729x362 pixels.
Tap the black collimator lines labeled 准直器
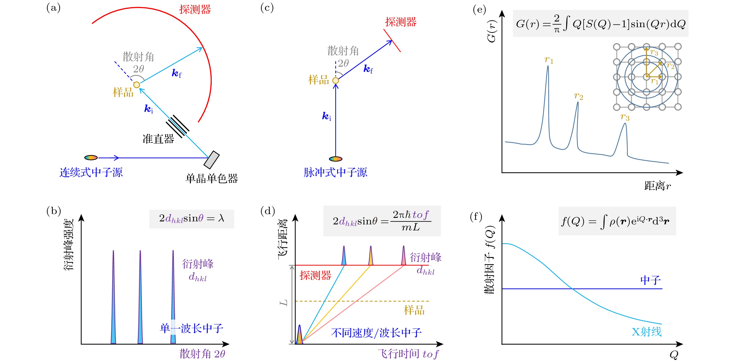click(178, 126)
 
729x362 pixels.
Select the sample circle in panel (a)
click(137, 85)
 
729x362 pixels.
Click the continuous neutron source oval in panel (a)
click(91, 158)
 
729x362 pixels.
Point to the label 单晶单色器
click(211, 179)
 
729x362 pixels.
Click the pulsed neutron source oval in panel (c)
click(336, 159)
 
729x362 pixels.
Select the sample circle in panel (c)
click(336, 81)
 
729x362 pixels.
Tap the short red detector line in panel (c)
click(392, 41)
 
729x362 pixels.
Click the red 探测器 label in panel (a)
click(195, 10)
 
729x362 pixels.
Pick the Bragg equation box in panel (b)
click(192, 219)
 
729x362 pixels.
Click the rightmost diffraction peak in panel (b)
click(173, 297)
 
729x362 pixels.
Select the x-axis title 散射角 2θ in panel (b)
click(202, 354)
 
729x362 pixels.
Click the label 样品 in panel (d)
click(414, 310)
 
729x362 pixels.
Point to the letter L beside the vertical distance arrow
click(283, 303)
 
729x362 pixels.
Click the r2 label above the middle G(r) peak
click(578, 96)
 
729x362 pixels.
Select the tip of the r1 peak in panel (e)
click(548, 67)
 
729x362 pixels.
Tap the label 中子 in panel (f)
click(650, 280)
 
